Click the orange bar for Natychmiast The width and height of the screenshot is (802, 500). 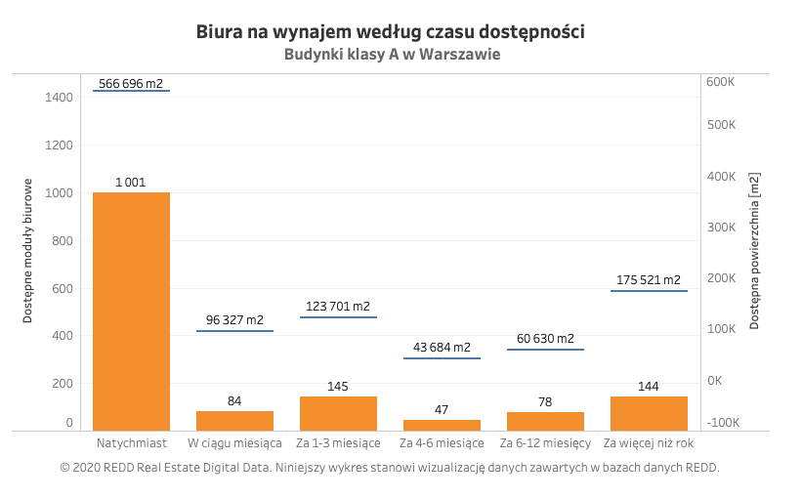pos(131,312)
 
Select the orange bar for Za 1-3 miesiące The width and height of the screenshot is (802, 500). pos(338,414)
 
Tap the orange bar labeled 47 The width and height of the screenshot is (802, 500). pos(442,426)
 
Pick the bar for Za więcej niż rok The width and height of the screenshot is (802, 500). pos(649,414)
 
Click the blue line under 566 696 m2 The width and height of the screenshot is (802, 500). pos(131,91)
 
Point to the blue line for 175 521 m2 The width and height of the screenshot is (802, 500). pos(649,291)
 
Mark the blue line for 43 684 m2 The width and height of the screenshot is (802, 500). pos(442,358)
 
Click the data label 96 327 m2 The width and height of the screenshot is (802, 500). pos(234,320)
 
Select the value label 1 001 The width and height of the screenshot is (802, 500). pos(131,183)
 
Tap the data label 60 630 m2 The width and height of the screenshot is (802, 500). pos(545,339)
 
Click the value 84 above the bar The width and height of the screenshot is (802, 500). pos(234,400)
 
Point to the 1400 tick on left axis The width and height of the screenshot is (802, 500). pos(59,97)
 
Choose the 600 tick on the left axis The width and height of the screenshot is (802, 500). pos(63,288)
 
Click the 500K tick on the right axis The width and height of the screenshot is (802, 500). pos(721,125)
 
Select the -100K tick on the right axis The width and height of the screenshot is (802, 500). pos(723,422)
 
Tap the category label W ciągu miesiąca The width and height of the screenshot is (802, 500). pos(234,443)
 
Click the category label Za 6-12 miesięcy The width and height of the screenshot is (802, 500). pos(545,443)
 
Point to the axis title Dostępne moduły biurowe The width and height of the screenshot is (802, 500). pos(27,251)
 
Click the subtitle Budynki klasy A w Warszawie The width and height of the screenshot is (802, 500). pos(393,54)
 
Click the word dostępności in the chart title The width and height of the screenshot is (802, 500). pos(531,32)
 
